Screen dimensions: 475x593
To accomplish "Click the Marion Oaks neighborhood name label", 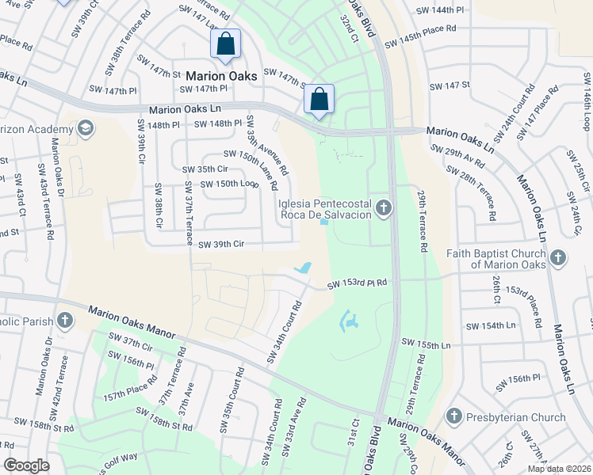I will click(x=222, y=75).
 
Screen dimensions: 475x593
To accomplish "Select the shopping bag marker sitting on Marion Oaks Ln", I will click(x=319, y=100).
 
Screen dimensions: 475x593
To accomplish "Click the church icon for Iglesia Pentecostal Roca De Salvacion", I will click(x=384, y=208).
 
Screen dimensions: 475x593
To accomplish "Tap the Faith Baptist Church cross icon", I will click(x=558, y=257).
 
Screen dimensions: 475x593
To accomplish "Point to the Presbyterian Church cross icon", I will click(x=453, y=416).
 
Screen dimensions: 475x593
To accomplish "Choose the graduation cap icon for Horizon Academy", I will click(x=85, y=127).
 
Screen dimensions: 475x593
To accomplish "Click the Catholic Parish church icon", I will click(x=64, y=321).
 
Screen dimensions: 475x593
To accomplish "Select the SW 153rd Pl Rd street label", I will click(x=357, y=283).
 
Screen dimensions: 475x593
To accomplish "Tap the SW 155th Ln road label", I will click(x=426, y=344).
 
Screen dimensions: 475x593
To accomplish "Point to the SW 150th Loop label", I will click(x=229, y=184).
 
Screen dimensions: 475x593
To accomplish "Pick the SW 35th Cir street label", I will click(x=205, y=169).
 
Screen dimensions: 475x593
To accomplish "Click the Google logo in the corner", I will click(x=26, y=465).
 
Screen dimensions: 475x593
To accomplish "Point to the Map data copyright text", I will click(x=559, y=469).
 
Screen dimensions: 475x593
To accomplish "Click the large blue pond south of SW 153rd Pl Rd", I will click(x=348, y=321).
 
